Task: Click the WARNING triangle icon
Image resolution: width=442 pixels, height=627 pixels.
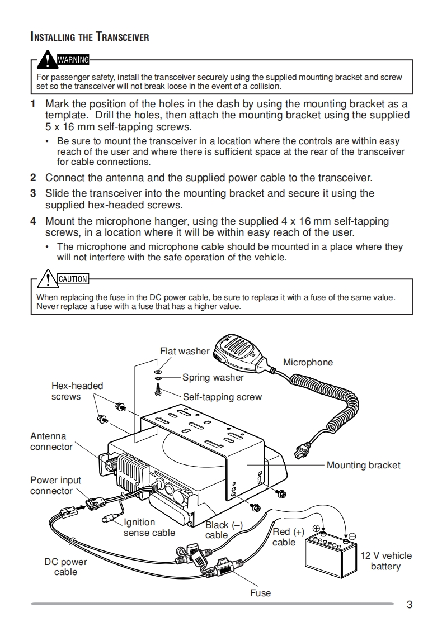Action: [x=49, y=58]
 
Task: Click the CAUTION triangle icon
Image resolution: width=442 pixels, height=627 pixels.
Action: [x=49, y=277]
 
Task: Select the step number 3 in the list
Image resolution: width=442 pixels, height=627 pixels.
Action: [x=33, y=193]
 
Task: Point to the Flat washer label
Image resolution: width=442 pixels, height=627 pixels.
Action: [x=184, y=351]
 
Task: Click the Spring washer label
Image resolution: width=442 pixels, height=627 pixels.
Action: [x=213, y=377]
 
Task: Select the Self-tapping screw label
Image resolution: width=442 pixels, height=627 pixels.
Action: [x=222, y=397]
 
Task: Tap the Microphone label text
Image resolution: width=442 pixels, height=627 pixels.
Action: [x=308, y=362]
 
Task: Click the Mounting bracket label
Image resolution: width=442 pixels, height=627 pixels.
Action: [x=363, y=465]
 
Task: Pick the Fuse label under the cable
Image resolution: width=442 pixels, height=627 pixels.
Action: [x=260, y=593]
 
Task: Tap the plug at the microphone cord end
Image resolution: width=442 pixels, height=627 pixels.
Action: [x=303, y=448]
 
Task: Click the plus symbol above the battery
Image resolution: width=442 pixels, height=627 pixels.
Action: [x=316, y=528]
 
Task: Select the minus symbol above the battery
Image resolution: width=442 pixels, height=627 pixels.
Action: [x=352, y=535]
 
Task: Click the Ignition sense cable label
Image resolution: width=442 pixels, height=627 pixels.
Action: [x=149, y=528]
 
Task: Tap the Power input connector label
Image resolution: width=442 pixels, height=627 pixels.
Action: [x=55, y=485]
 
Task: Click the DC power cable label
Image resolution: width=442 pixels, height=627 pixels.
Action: [x=66, y=567]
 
